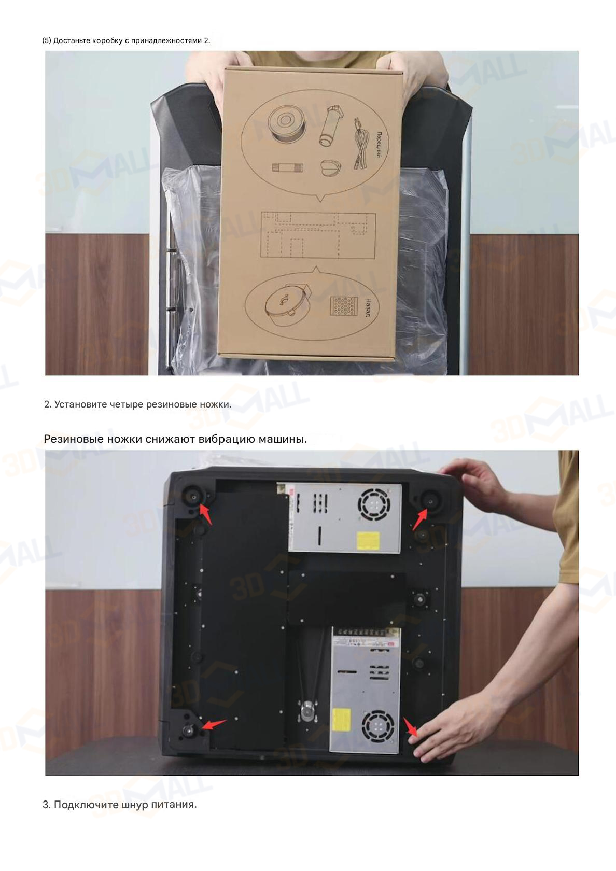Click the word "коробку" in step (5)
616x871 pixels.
[x=107, y=41]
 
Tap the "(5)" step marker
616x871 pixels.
[x=47, y=41]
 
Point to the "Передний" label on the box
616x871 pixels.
[x=379, y=145]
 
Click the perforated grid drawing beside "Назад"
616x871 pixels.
[x=343, y=306]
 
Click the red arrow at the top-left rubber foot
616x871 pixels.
[x=206, y=514]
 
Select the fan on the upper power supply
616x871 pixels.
[x=373, y=505]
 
